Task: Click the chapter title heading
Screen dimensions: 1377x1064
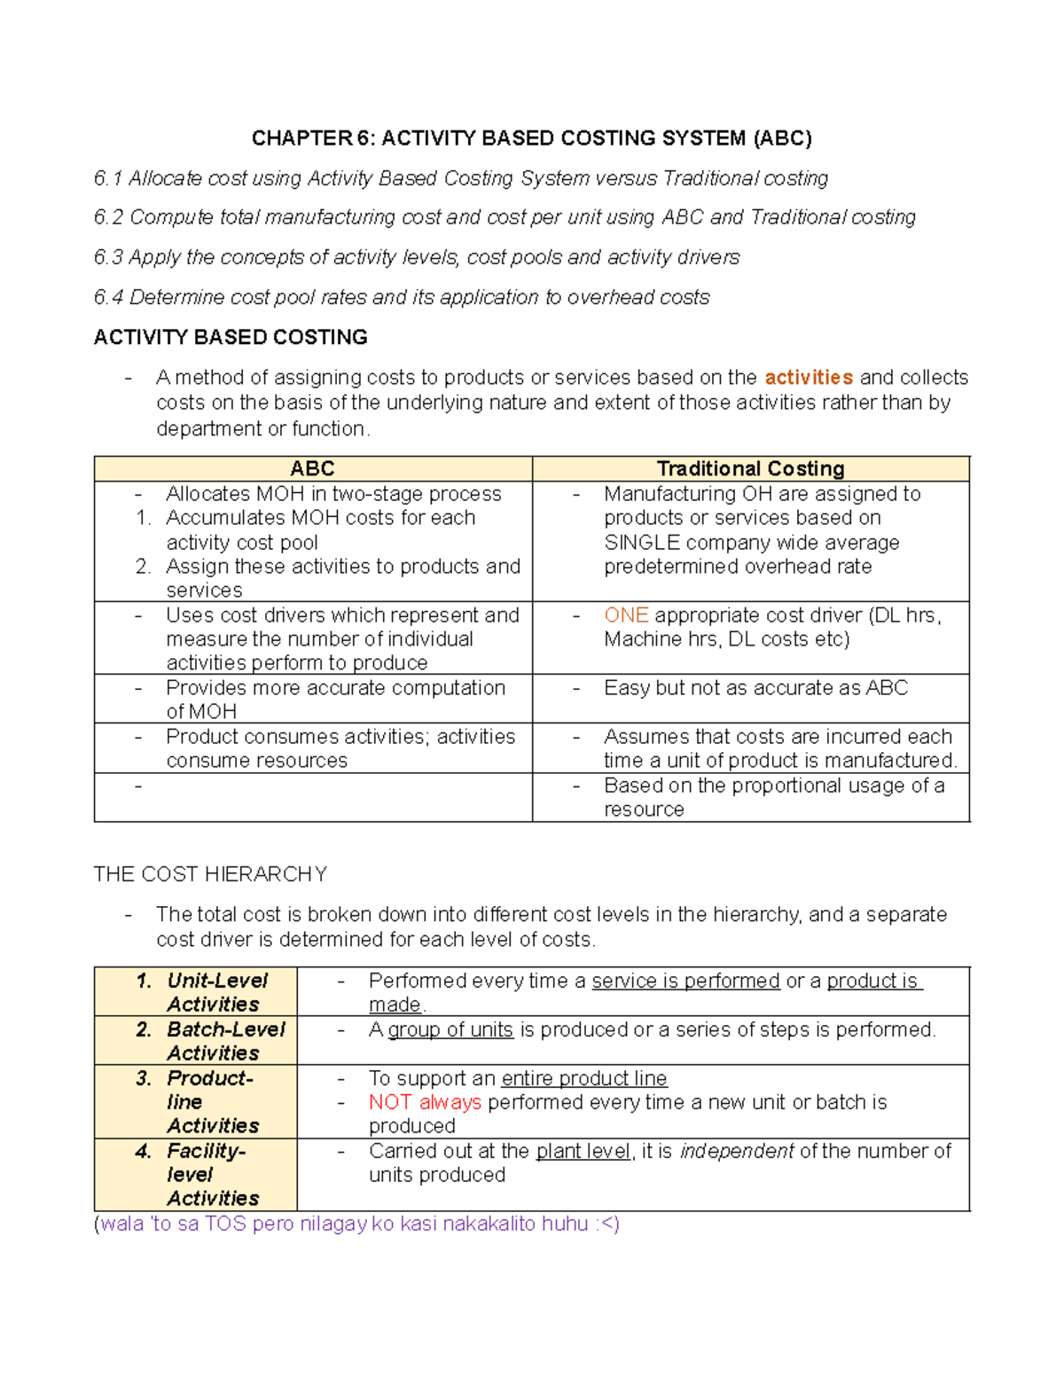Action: [x=531, y=138]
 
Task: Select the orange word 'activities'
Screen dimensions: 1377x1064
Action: [x=808, y=378]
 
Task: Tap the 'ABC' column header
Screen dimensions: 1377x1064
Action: [x=312, y=469]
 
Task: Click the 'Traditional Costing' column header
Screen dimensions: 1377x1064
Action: [x=750, y=469]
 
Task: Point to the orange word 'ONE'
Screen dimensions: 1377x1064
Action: [x=626, y=615]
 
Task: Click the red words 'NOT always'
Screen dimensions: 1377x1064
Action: [x=425, y=1102]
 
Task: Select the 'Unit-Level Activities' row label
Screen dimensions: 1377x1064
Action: [x=213, y=992]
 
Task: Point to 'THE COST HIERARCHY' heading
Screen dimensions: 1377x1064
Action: [x=210, y=875]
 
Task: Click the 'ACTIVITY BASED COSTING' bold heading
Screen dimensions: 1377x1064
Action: [x=231, y=338]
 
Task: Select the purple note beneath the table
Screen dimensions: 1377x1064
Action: [x=356, y=1224]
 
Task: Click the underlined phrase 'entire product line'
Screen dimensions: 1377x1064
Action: [x=583, y=1079]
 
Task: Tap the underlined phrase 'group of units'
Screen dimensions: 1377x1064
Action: [x=450, y=1030]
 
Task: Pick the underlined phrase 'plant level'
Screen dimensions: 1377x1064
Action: [x=583, y=1152]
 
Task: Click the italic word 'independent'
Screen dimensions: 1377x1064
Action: [x=736, y=1152]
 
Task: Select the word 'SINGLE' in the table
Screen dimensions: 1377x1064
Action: [x=642, y=543]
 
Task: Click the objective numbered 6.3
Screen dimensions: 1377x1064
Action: [x=417, y=258]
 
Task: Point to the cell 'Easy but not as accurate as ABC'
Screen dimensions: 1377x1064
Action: [x=755, y=688]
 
